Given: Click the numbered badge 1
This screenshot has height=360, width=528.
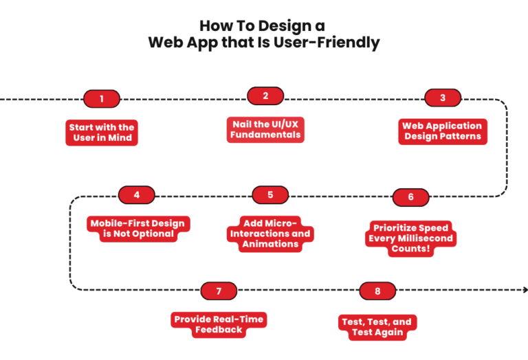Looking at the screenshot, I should point(102,99).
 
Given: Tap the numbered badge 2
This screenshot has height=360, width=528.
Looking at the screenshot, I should point(265,96).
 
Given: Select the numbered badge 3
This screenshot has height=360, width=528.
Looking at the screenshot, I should point(443,98).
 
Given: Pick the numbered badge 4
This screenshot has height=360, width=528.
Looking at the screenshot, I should point(137,194).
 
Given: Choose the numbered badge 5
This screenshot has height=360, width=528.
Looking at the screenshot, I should point(270,194).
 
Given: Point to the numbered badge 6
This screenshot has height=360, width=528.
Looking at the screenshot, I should point(411,197).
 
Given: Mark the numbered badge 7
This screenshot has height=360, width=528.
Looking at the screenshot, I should point(219,291).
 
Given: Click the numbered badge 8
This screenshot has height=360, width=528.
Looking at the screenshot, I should point(377,291).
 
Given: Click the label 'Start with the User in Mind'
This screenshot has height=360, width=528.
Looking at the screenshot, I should point(102,133).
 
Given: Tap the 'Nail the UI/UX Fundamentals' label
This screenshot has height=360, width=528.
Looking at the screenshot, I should point(265,129).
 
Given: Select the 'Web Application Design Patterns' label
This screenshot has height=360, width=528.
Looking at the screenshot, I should point(443,131).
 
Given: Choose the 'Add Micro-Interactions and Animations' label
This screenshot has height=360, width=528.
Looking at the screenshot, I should point(270,234).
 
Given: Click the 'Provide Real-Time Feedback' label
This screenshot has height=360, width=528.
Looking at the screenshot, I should point(219,324).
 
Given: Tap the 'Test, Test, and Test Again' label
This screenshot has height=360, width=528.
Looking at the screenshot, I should point(377,326).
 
